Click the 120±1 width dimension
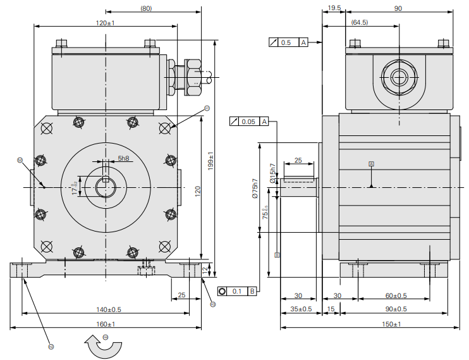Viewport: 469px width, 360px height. coord(105,23)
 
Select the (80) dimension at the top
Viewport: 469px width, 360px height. coord(146,8)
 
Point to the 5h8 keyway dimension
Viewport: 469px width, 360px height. coord(124,158)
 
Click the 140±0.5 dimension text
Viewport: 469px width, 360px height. coord(109,309)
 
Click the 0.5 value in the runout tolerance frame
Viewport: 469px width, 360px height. coord(286,42)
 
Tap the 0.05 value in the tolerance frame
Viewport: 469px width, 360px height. coord(249,121)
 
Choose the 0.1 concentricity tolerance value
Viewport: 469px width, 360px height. coord(237,291)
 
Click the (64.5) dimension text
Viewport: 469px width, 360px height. coord(360,22)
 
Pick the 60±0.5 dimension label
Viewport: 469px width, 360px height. coord(396,295)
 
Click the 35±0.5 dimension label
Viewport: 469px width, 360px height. coord(301,309)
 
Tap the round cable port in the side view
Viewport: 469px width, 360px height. coord(398,77)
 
